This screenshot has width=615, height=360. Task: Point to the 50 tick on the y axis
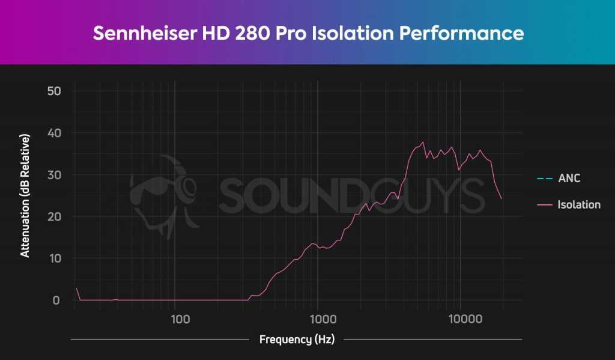53,91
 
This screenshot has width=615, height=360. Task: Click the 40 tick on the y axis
53,133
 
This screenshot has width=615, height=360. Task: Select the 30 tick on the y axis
53,175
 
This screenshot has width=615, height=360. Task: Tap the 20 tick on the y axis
53,216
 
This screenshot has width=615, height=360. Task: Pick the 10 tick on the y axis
53,258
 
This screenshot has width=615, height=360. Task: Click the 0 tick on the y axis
56,300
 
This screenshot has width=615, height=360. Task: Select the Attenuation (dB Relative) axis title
25,196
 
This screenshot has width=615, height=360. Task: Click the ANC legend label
569,178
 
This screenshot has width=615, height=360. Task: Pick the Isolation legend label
579,205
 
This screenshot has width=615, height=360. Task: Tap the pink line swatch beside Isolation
545,205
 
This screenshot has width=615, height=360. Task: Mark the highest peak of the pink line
423,142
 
